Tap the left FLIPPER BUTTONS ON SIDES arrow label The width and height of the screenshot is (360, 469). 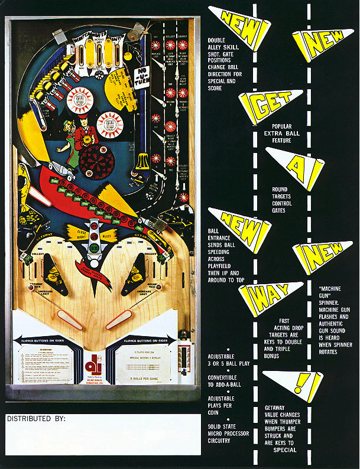[47, 340]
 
